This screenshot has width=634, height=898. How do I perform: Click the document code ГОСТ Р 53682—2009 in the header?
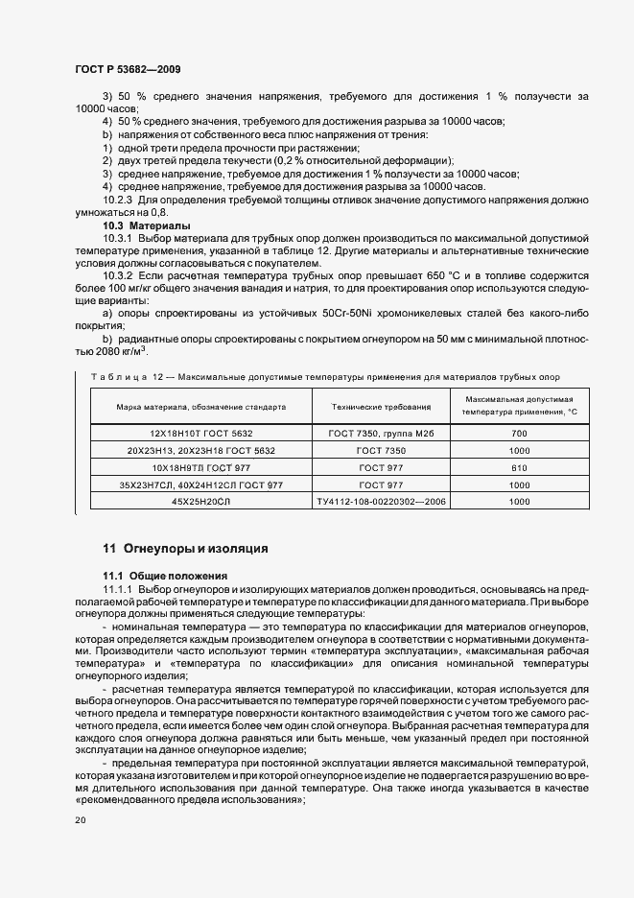(127, 70)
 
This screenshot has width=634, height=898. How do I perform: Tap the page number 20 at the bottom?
(80, 820)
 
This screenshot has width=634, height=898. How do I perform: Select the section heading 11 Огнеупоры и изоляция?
(186, 549)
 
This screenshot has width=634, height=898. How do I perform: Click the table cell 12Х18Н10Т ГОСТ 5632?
(201, 435)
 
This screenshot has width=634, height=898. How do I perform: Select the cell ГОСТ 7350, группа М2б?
(381, 435)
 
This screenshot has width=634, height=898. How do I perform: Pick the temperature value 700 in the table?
(519, 435)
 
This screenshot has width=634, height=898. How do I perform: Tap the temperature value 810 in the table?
(519, 467)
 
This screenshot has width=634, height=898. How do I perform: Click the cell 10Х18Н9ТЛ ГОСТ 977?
(201, 467)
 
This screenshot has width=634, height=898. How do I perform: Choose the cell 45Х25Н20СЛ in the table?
(201, 501)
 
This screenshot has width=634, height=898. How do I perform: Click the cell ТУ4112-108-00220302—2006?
(381, 501)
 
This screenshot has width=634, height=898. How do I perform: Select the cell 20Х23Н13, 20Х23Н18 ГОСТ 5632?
(201, 451)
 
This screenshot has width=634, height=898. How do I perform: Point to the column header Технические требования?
(381, 407)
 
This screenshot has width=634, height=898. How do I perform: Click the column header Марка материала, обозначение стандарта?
(201, 407)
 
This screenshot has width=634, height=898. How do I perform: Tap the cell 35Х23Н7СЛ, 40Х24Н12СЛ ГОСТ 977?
(201, 484)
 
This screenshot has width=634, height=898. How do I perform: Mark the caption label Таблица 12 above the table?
(120, 376)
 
